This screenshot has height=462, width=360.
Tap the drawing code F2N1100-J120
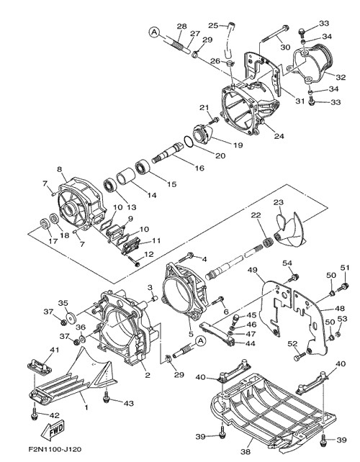(x=55, y=450)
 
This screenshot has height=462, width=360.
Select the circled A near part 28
(x=154, y=32)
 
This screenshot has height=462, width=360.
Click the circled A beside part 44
(x=200, y=341)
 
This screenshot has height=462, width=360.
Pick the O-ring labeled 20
(x=189, y=142)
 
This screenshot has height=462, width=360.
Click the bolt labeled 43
(x=107, y=397)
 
